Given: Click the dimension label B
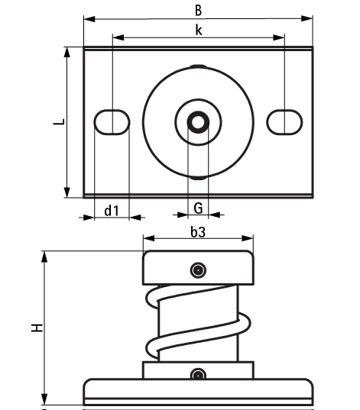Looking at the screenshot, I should pyautogui.click(x=198, y=10).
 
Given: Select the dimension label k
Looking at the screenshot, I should pyautogui.click(x=198, y=29).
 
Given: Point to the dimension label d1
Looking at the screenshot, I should pyautogui.click(x=112, y=208).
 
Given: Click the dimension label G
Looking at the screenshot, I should pyautogui.click(x=198, y=208).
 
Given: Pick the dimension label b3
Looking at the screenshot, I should pyautogui.click(x=198, y=233).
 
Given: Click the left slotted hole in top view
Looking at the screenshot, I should pyautogui.click(x=112, y=121).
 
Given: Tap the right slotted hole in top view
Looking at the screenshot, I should pyautogui.click(x=284, y=121).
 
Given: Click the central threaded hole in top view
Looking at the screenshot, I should pyautogui.click(x=198, y=121).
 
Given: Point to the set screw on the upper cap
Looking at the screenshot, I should pyautogui.click(x=198, y=270).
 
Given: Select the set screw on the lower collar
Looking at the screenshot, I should pyautogui.click(x=198, y=374).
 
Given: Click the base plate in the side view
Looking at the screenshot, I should pyautogui.click(x=198, y=391).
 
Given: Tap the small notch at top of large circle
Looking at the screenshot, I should pyautogui.click(x=198, y=67).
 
